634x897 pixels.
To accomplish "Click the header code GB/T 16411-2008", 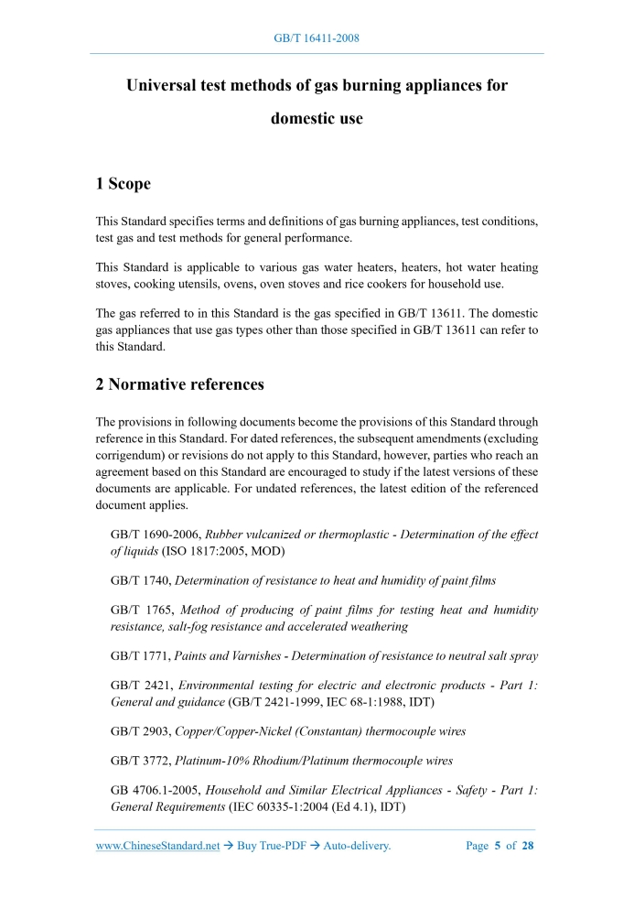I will (317, 38).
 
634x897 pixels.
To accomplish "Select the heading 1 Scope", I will (124, 184).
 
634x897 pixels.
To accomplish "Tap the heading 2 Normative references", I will (180, 384).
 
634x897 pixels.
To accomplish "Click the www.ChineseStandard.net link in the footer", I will (157, 846).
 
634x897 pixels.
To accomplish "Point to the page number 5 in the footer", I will (498, 846).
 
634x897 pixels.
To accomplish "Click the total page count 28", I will (527, 846).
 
